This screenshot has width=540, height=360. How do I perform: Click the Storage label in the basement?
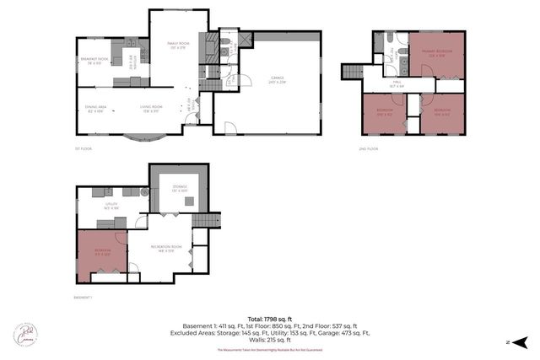point(179,188)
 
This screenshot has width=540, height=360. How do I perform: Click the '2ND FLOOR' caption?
point(369,148)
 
